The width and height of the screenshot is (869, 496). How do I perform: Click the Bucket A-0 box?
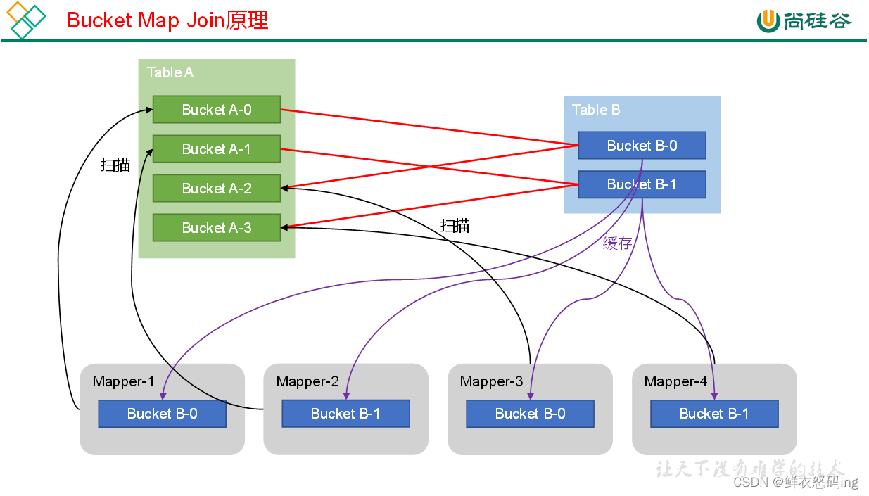point(217,110)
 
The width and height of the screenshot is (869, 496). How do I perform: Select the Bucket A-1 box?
point(217,149)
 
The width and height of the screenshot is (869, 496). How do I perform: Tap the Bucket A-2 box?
point(217,189)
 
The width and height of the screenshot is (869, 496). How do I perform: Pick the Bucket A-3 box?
point(217,228)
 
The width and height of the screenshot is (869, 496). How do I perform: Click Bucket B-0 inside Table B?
point(642,146)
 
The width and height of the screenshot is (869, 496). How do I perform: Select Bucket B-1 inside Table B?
point(642,184)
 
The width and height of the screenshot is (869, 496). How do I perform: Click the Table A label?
point(170,72)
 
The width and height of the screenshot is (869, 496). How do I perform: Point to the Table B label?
point(596,110)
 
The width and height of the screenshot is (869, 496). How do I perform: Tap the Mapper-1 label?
point(123,381)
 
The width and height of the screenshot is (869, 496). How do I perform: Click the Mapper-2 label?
point(307,381)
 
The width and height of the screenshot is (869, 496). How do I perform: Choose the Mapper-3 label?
point(491,381)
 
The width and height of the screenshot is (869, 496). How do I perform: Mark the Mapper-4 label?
point(675,381)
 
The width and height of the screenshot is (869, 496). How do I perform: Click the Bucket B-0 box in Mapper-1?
point(162,414)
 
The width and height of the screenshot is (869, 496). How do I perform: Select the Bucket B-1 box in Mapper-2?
point(345,414)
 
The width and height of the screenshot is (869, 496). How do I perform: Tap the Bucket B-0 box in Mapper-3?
point(530,414)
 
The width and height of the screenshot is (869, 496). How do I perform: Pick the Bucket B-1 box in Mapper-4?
point(714,414)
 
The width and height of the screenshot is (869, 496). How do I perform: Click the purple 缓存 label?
point(617,243)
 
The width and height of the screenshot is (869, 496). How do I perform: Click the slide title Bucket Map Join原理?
point(167,20)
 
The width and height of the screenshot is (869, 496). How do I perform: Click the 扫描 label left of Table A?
point(115,165)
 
